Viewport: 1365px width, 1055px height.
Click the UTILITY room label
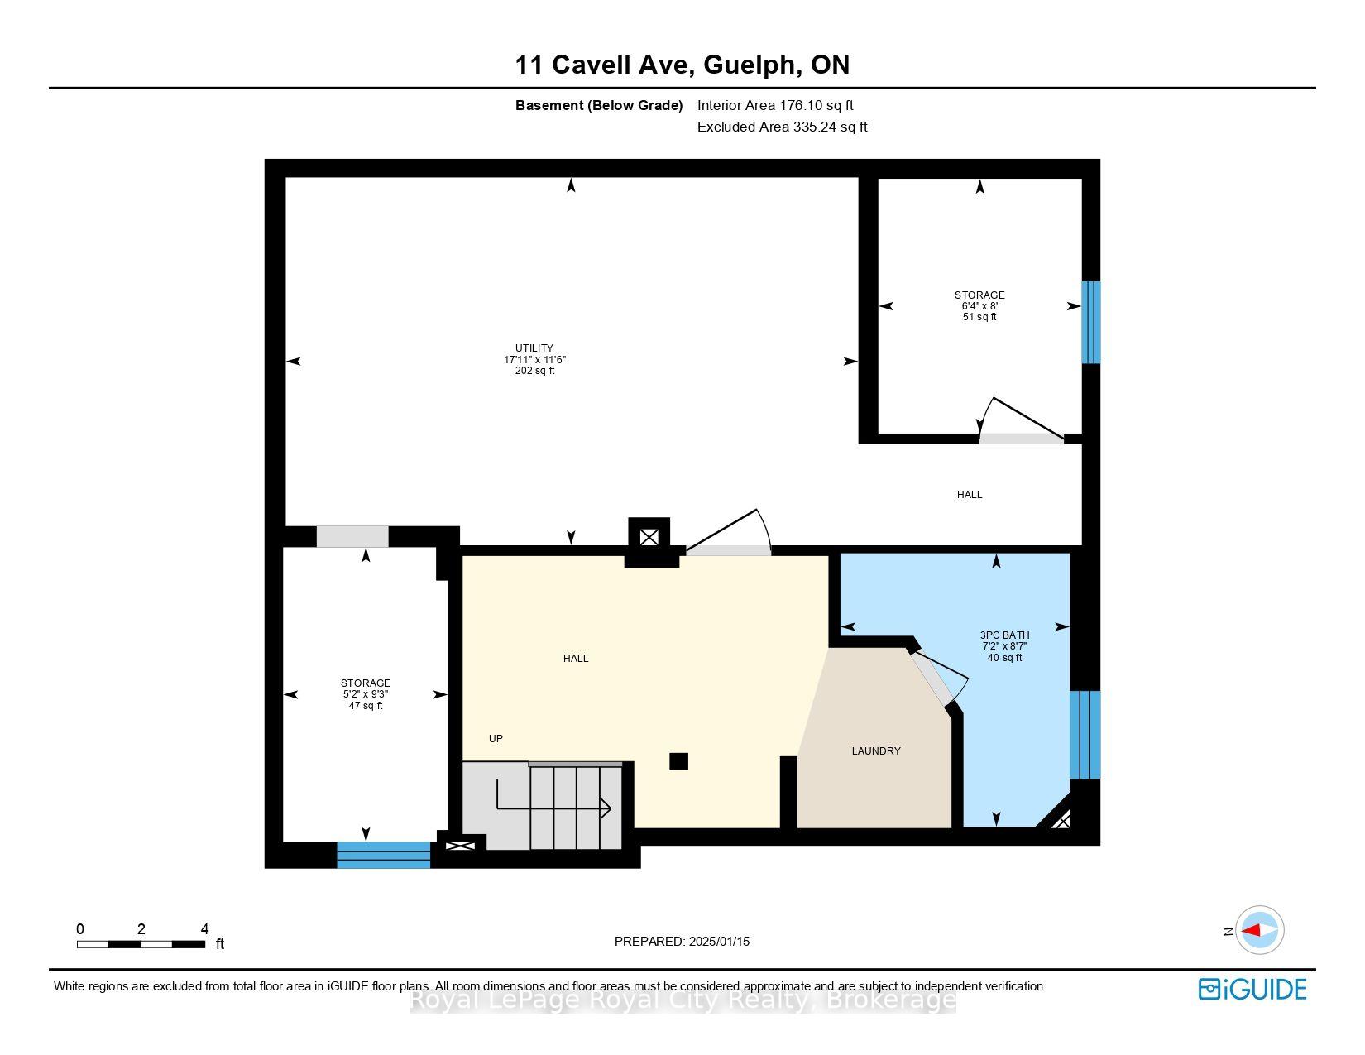pos(534,348)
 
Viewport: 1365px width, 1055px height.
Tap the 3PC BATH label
pos(1004,635)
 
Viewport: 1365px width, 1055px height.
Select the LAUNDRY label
pos(875,750)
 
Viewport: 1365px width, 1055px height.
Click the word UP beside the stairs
pos(496,738)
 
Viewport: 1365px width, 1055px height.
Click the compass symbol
pos(1259,930)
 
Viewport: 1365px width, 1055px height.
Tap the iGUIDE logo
pos(1252,989)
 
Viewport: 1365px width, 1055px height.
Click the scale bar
pos(141,944)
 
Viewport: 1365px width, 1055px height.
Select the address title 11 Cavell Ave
pos(604,65)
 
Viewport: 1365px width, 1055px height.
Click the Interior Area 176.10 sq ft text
pos(775,106)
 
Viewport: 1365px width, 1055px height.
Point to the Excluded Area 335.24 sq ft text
pos(782,127)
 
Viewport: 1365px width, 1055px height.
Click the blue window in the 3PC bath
pos(1085,735)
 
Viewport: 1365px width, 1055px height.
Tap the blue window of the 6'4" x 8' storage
pos(1090,322)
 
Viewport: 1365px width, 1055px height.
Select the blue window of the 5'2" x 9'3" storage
pos(383,855)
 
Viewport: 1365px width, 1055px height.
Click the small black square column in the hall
pos(678,761)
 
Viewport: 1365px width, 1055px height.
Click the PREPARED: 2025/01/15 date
pos(682,942)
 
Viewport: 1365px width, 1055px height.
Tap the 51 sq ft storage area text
pos(979,317)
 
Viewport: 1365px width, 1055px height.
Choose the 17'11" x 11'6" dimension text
pos(534,359)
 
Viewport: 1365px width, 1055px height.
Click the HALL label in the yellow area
pos(576,659)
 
